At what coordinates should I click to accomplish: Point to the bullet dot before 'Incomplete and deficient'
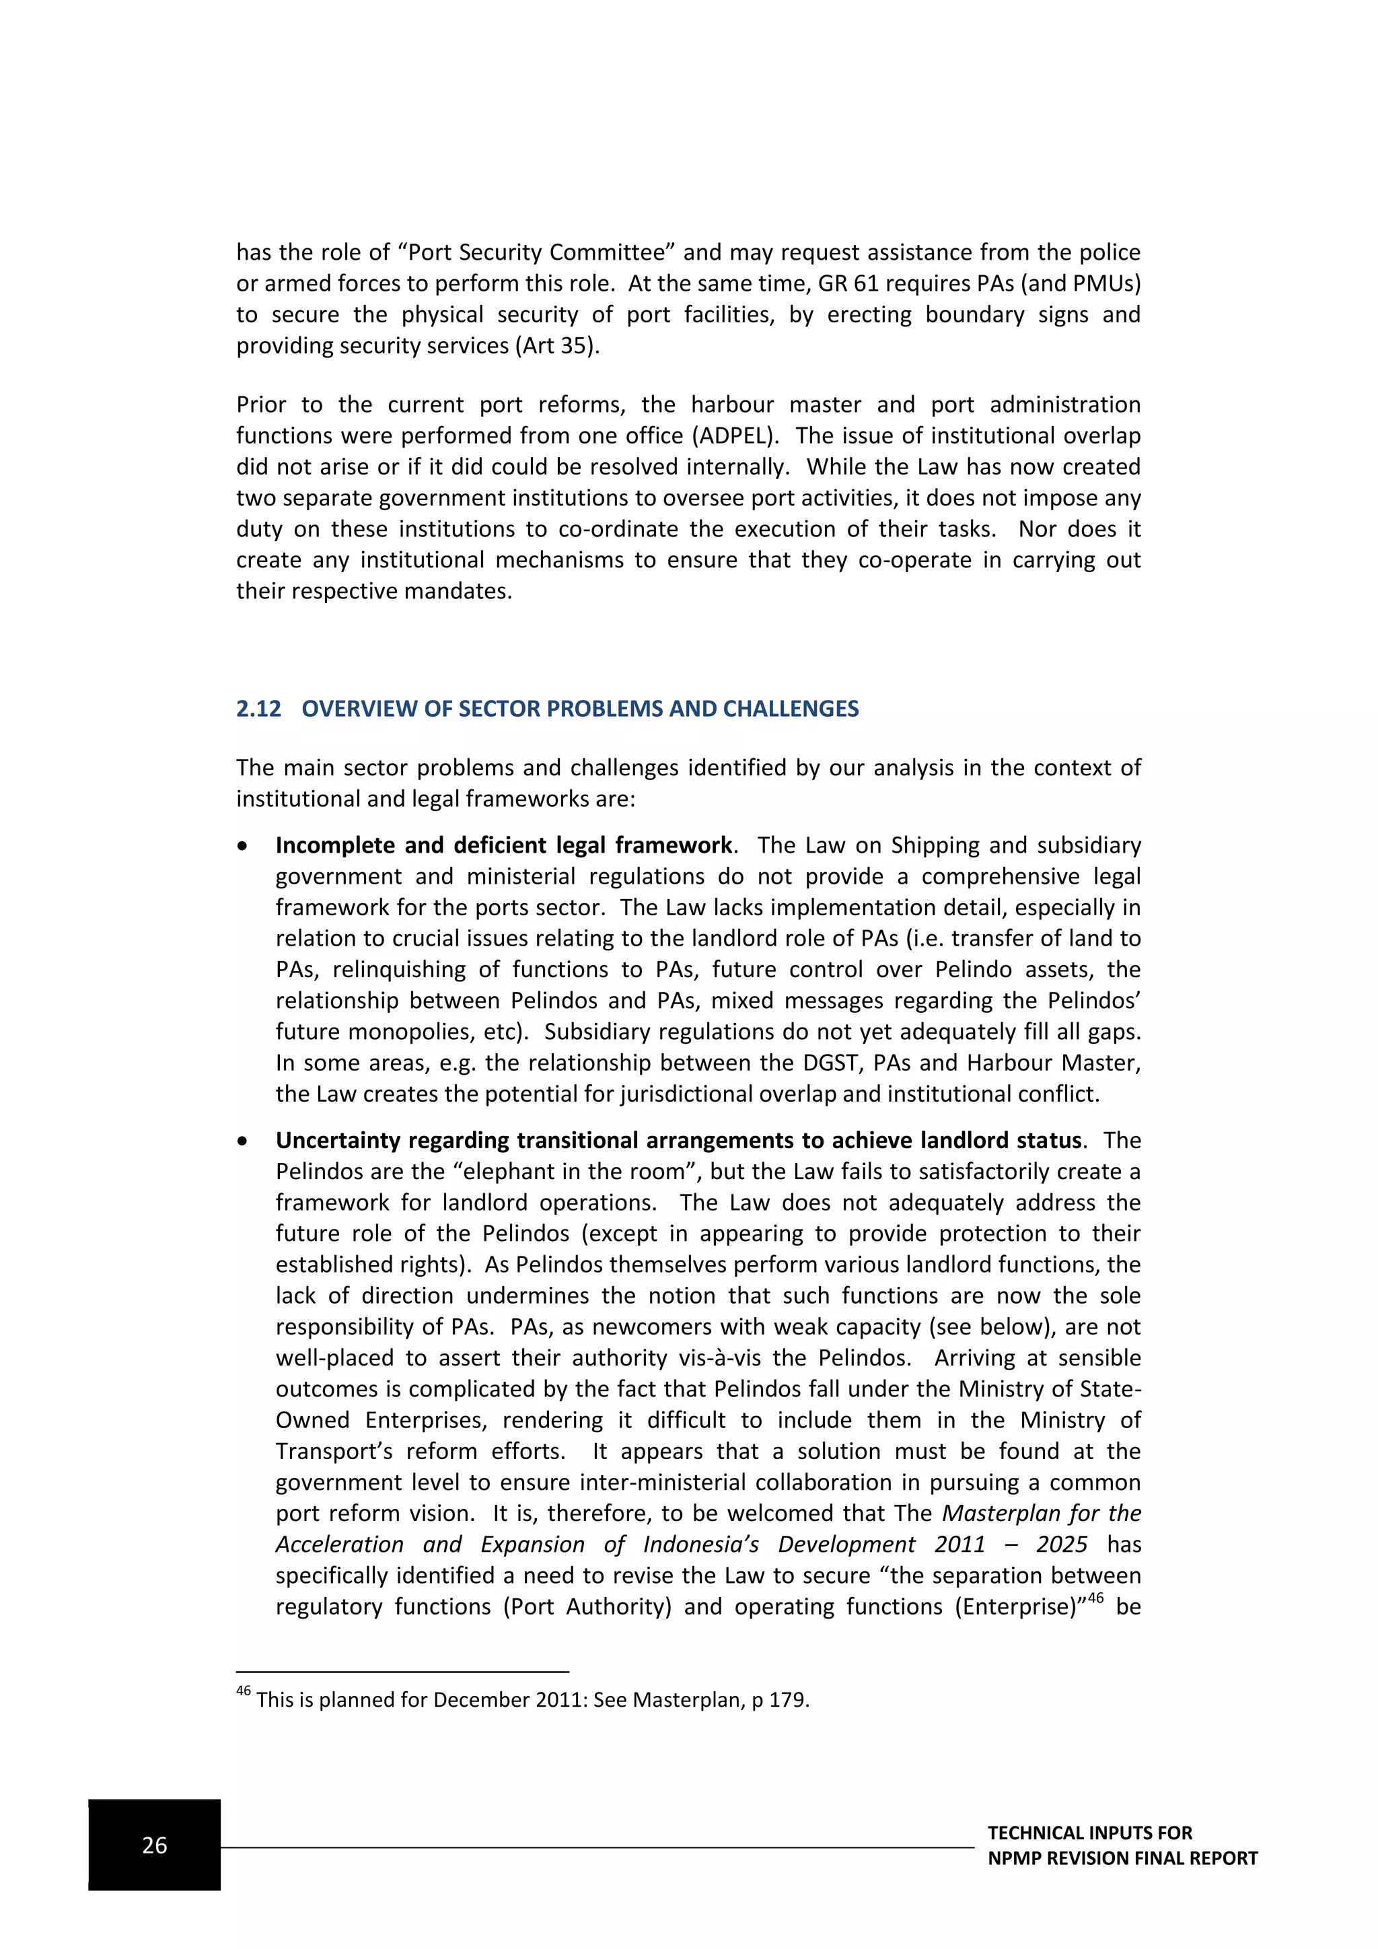244,847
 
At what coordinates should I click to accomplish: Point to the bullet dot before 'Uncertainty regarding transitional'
244,1141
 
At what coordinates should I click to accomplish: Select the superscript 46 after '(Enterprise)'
1095,1598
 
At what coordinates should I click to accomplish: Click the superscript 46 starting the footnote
244,1691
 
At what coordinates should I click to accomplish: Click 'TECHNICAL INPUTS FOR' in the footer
1089,1833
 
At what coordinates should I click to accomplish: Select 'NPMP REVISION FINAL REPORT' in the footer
1122,1858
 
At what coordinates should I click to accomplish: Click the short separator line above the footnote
402,1672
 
